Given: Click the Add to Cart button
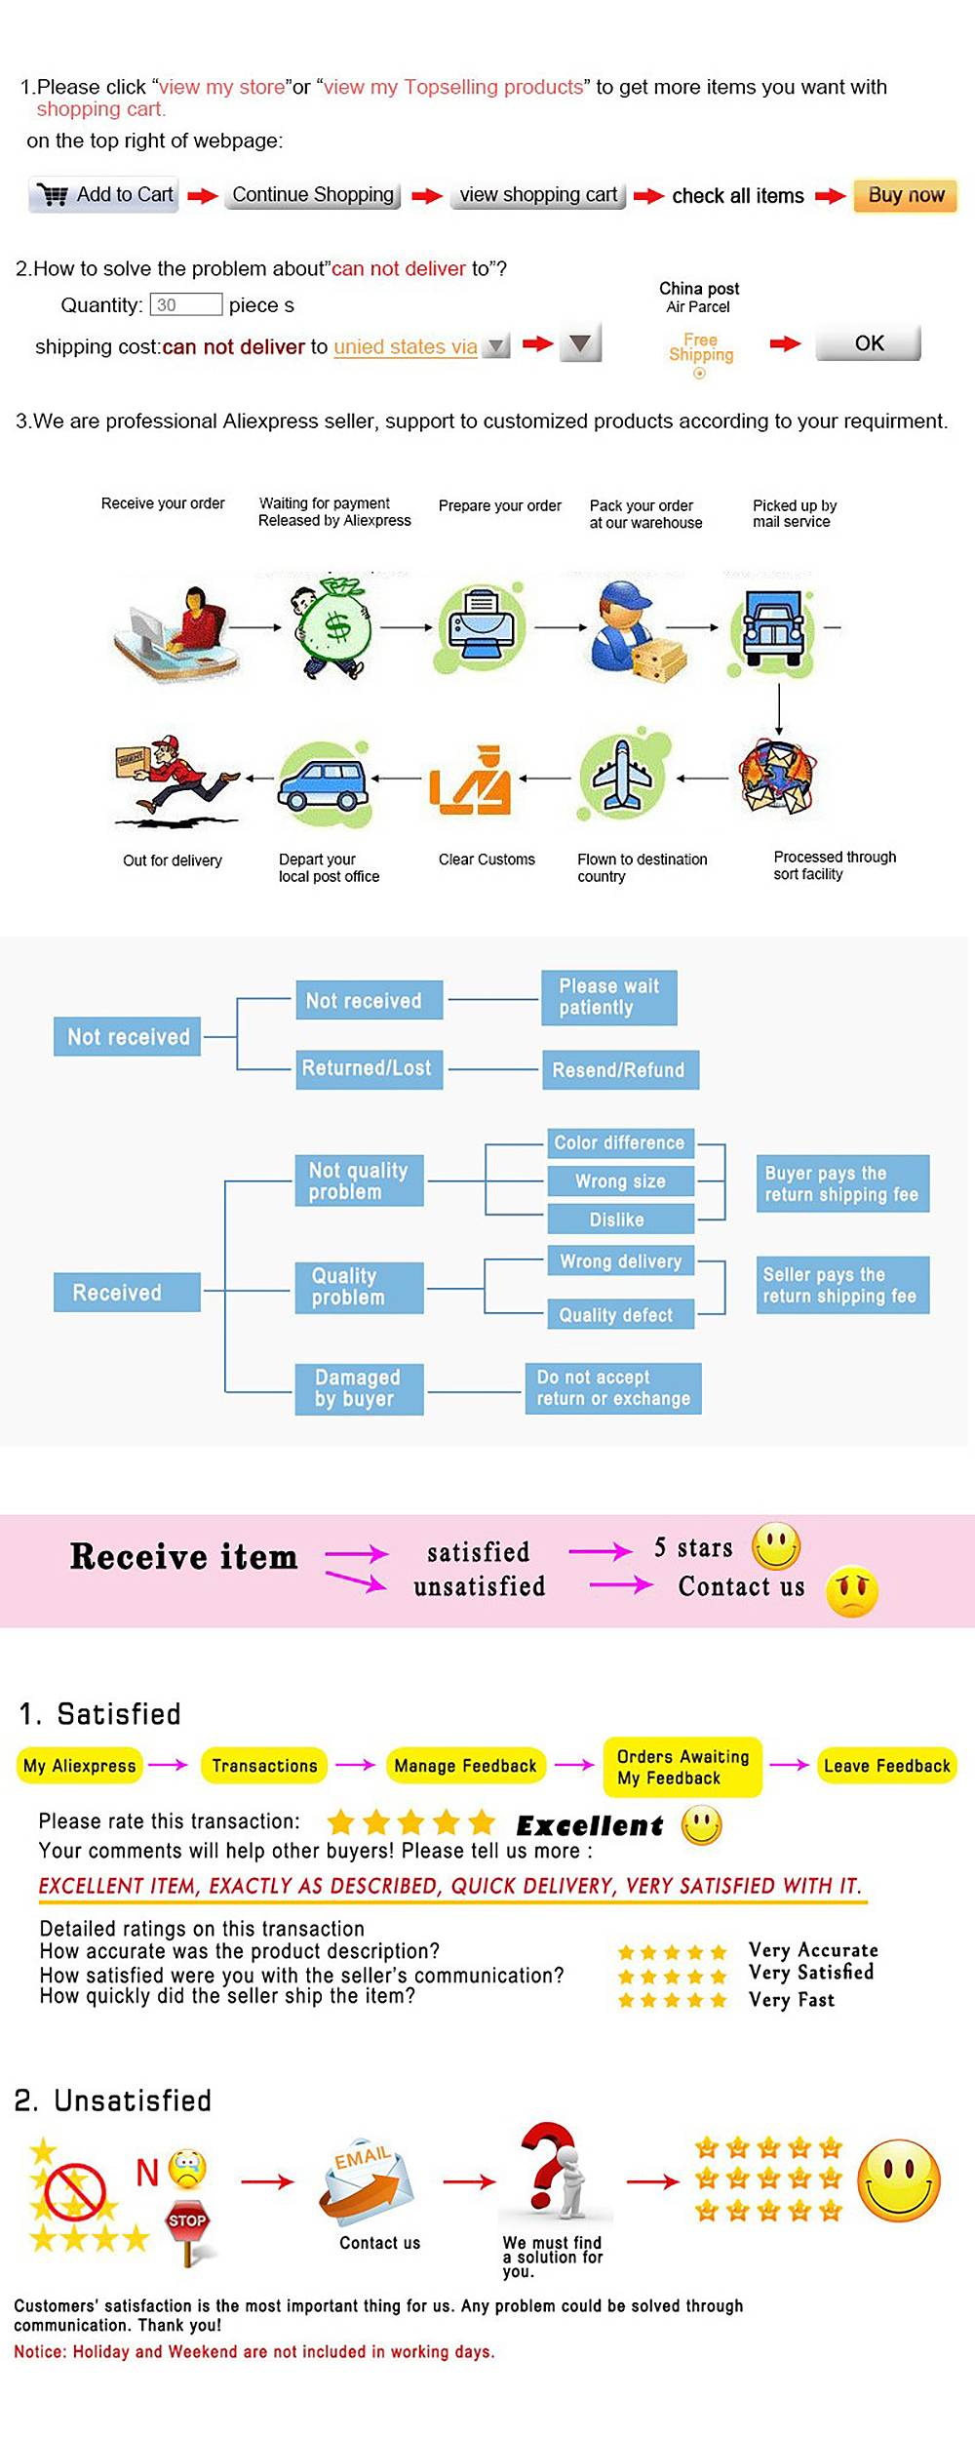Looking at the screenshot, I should click(x=104, y=195).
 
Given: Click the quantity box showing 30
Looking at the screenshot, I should click(x=185, y=304).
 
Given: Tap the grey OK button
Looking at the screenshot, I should click(x=868, y=343).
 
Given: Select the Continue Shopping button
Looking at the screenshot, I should click(x=313, y=195).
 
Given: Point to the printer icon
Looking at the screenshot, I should click(x=481, y=625).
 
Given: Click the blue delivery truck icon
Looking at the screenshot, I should click(x=772, y=626).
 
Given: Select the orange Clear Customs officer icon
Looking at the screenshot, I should click(x=472, y=781).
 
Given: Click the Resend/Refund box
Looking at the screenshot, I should click(x=619, y=1070).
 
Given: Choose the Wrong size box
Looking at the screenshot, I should click(x=620, y=1181).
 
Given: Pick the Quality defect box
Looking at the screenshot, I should click(x=616, y=1315).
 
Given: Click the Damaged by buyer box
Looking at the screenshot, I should click(x=358, y=1388).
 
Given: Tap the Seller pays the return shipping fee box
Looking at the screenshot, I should click(x=840, y=1285).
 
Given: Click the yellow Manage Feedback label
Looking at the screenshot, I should click(x=465, y=1765).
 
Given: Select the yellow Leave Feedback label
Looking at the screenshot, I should click(x=886, y=1765).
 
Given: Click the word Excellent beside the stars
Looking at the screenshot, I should click(x=589, y=1825).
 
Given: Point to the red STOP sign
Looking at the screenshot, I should click(x=187, y=2221).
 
